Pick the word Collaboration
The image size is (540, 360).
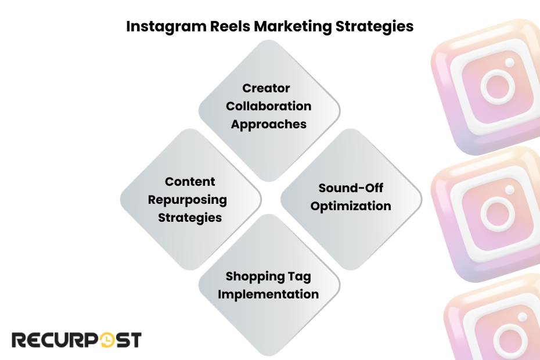pyautogui.click(x=268, y=106)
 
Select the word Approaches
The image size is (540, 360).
pyautogui.click(x=268, y=124)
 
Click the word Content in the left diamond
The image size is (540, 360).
pyautogui.click(x=190, y=182)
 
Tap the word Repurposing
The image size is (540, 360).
pyautogui.click(x=187, y=200)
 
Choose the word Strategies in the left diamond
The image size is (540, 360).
pyautogui.click(x=190, y=218)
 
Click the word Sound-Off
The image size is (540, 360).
pyautogui.click(x=351, y=188)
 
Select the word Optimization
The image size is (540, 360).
pyautogui.click(x=351, y=206)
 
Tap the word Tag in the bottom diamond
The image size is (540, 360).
pyautogui.click(x=305, y=276)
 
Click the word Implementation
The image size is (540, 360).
pyautogui.click(x=268, y=294)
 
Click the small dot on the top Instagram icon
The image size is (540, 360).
pyautogui.click(x=510, y=62)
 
